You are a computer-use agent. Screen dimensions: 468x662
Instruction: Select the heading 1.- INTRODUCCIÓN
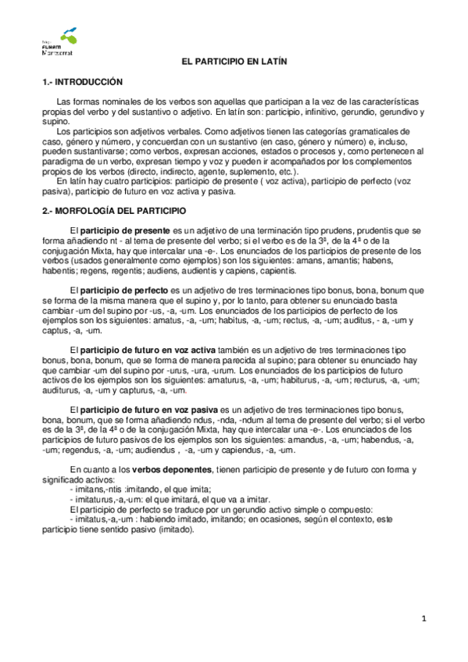[x=82, y=82]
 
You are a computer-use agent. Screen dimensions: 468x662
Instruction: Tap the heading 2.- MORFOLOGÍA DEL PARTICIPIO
[x=113, y=211]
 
